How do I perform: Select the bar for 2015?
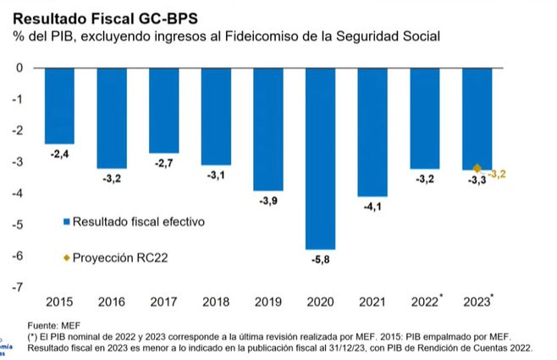click(x=59, y=105)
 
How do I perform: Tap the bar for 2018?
click(x=216, y=116)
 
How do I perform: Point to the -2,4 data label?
click(x=59, y=153)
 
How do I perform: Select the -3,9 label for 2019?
click(x=268, y=199)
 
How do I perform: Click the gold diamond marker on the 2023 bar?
click(x=477, y=169)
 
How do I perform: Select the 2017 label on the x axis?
click(x=163, y=301)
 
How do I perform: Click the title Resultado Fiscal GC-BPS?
click(x=102, y=17)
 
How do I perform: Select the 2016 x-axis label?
click(x=111, y=301)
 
